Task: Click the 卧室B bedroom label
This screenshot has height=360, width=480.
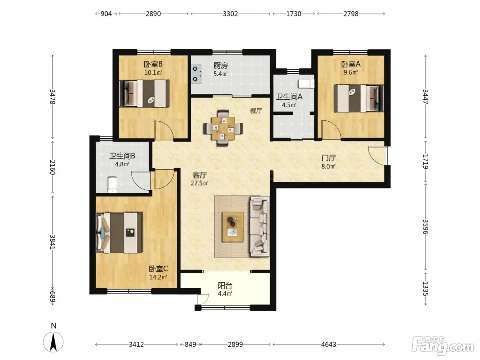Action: [x=153, y=64]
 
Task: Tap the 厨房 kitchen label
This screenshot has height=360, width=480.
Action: [x=220, y=65]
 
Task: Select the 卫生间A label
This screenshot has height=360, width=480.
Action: [x=289, y=97]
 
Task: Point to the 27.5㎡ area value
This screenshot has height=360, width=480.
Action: [x=199, y=183]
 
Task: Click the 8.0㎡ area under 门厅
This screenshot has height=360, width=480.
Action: [x=328, y=167]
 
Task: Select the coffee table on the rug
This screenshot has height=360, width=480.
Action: [x=233, y=227]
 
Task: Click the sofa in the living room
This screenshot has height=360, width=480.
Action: [x=260, y=226]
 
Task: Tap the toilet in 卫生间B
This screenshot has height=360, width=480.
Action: [x=112, y=185]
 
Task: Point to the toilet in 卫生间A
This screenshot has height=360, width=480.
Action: [x=306, y=84]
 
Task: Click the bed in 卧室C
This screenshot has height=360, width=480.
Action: [x=119, y=233]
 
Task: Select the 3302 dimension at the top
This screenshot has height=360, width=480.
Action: [x=230, y=14]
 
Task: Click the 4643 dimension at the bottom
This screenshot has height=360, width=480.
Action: [x=328, y=345]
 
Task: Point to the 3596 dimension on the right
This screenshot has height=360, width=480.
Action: [x=425, y=227]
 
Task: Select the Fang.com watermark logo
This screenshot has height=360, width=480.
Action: [x=443, y=346]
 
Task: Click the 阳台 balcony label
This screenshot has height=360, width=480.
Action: [x=225, y=286]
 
